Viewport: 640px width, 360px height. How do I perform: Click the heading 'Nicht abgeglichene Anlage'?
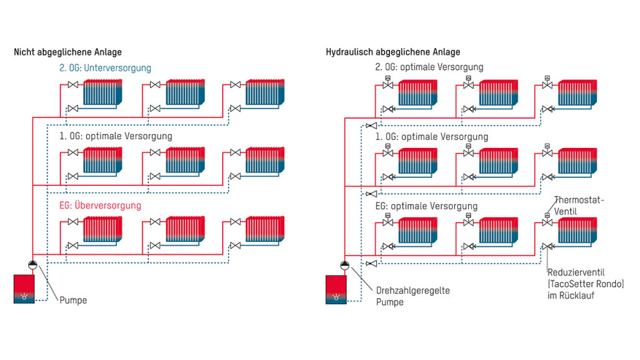(68, 52)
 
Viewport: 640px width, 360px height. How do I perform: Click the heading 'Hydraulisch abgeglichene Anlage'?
(393, 52)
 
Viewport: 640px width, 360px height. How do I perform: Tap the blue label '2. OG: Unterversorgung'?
(105, 68)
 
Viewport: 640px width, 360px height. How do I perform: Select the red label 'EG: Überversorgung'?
(99, 205)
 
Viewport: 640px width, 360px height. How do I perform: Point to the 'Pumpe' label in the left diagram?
(73, 301)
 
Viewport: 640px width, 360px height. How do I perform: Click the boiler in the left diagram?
(24, 288)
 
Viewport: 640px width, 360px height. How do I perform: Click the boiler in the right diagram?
(336, 289)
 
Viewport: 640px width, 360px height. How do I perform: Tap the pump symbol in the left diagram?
(31, 265)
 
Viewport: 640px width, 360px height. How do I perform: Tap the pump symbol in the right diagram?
(343, 265)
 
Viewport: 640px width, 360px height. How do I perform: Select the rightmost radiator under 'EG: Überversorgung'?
(265, 229)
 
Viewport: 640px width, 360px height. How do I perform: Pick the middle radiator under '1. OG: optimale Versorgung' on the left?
(185, 161)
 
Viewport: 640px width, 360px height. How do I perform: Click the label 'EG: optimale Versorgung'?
(427, 206)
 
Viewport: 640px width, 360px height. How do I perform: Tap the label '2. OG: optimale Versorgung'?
(429, 67)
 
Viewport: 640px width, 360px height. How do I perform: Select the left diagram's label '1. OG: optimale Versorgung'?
(115, 136)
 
